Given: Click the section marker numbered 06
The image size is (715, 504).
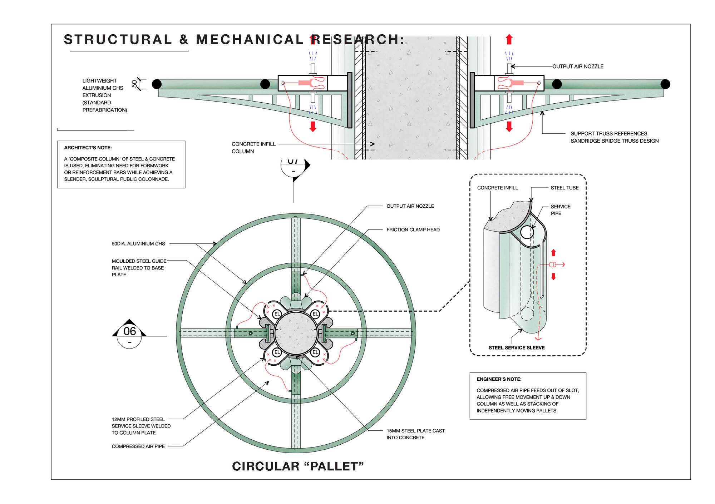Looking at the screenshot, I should point(129,332).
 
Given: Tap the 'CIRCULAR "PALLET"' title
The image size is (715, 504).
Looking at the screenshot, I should point(298,466).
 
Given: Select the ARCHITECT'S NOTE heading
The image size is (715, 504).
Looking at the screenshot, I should point(88,148).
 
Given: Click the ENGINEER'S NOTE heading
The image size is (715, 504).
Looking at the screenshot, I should point(499,379).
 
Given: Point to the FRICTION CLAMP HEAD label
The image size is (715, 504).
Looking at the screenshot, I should point(413,230).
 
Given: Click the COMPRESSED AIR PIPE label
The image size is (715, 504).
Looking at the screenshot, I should point(138,446).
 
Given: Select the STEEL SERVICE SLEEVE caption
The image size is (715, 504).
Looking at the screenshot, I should point(517,347).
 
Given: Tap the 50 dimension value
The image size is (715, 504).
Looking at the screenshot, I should point(134,84).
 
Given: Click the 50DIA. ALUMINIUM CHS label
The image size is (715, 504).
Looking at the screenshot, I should point(138,244).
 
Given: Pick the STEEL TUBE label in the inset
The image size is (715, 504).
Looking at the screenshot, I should point(564,188).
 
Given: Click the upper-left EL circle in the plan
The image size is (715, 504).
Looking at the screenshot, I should point(277,314).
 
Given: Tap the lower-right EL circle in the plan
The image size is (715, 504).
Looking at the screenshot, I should point(315,352).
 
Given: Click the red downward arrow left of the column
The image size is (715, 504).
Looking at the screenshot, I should point(313,127).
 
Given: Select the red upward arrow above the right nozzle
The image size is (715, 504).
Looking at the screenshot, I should point(509,39).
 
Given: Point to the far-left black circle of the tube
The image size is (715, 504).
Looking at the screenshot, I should point(157,84).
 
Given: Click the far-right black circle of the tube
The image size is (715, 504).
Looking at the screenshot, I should point(665,84).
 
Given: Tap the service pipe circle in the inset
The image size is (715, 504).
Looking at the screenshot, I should point(527,232).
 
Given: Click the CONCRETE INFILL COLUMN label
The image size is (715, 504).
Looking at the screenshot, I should point(253,148).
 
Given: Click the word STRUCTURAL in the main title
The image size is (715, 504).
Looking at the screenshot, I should point(118,39).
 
